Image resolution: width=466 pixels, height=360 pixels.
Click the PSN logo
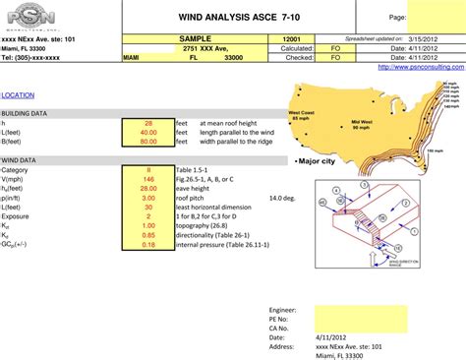(x=31, y=17)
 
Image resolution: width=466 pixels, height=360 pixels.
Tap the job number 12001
(x=291, y=37)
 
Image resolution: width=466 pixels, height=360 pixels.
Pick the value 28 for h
(x=148, y=123)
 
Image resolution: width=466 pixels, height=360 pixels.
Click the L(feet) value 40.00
(x=148, y=132)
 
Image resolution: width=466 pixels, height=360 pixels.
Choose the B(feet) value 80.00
(x=148, y=142)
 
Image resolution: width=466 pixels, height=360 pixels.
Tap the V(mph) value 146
(x=148, y=179)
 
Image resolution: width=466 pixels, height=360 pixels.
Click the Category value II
(x=148, y=170)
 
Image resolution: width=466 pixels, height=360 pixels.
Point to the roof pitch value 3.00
(x=148, y=198)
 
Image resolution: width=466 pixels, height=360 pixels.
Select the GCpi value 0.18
(x=148, y=245)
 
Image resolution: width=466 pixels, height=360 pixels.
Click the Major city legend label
(x=318, y=160)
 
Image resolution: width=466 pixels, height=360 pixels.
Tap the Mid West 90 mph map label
(x=361, y=125)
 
